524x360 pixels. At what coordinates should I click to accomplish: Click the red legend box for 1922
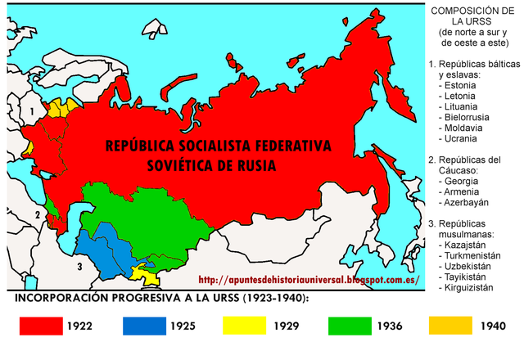click(41, 326)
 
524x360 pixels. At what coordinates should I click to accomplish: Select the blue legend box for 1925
click(143, 326)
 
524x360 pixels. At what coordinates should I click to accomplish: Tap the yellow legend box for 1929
click(245, 326)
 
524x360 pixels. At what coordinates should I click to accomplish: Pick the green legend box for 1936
click(349, 326)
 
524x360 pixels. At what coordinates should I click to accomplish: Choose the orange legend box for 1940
click(450, 326)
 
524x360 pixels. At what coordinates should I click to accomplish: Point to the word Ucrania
click(463, 138)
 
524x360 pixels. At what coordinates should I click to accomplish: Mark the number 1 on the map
click(33, 110)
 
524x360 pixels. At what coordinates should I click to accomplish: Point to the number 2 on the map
click(37, 216)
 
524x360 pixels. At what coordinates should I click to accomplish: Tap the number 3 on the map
click(79, 266)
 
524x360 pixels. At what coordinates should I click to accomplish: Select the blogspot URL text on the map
click(309, 279)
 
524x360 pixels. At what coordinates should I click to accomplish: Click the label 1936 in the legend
click(391, 326)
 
